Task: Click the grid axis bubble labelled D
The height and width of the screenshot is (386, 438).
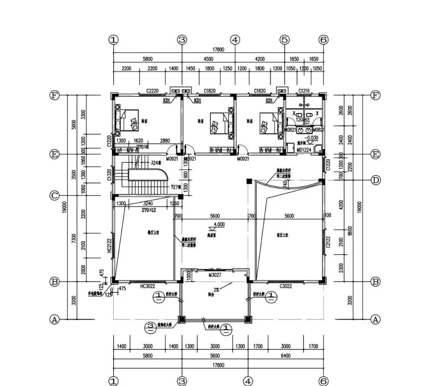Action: click(376, 180)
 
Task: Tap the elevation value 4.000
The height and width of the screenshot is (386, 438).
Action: click(219, 224)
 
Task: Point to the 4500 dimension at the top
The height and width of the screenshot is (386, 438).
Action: click(208, 59)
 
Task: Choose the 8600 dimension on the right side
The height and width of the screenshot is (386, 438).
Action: click(350, 230)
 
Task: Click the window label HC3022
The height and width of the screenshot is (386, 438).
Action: click(148, 286)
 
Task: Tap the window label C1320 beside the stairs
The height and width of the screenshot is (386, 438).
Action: click(109, 175)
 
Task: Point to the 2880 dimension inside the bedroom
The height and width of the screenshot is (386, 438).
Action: click(164, 140)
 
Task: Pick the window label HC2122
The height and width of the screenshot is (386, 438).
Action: click(109, 246)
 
